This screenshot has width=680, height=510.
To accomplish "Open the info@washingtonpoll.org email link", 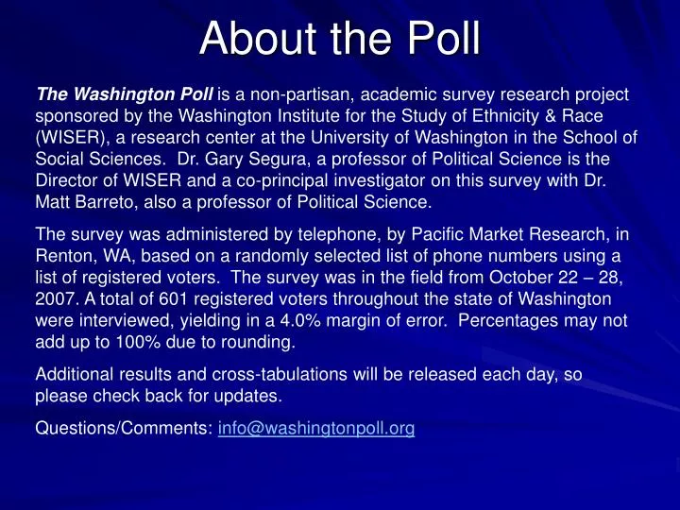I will (x=316, y=429).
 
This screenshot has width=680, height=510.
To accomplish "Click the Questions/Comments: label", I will (x=123, y=429).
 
